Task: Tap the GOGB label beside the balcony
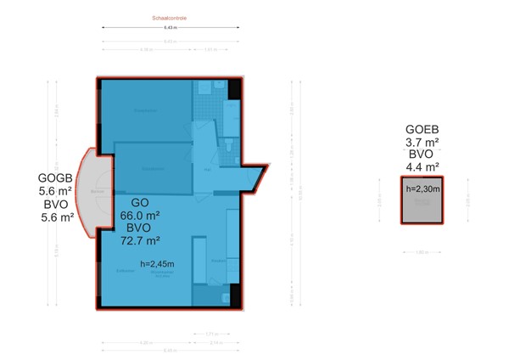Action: (x=56, y=178)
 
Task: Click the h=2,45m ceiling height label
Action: (x=158, y=264)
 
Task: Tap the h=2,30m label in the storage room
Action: (x=423, y=188)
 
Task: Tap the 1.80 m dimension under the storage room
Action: (x=422, y=251)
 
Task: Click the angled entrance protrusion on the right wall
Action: (x=255, y=177)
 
